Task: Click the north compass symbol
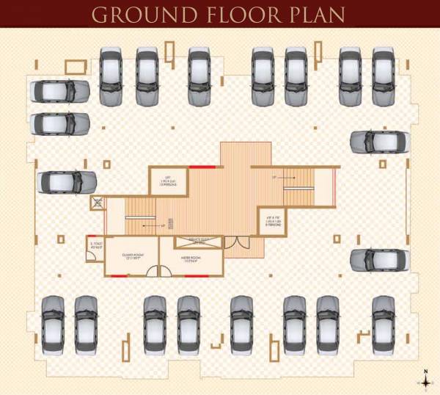coord(424,381)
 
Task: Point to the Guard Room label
coord(132,258)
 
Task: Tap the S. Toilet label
coord(95,245)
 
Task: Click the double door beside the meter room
coord(232,245)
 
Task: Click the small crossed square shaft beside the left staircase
coord(96,203)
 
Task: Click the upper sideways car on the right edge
coord(378,141)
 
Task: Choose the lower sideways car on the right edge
coord(378,258)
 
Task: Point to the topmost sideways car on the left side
coord(59,91)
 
